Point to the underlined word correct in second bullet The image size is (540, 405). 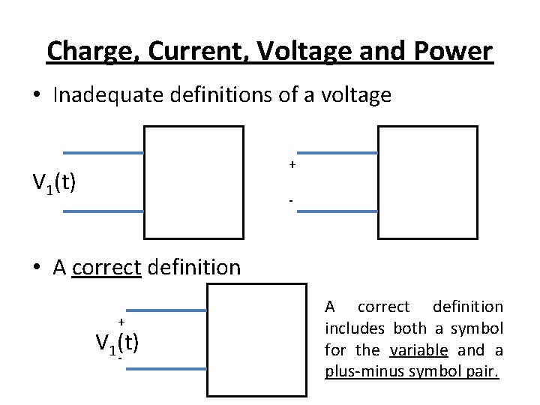[x=107, y=267]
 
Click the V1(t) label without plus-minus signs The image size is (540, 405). [x=54, y=182]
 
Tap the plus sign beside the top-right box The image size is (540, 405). [x=292, y=164]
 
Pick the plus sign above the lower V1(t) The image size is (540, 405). [x=120, y=321]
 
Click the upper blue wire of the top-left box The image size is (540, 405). [x=103, y=153]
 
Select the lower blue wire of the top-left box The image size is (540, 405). [x=103, y=212]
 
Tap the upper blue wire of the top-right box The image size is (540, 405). [x=337, y=153]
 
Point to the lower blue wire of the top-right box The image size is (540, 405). [x=337, y=212]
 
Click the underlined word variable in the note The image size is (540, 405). [x=419, y=350]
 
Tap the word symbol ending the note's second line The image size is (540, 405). [x=479, y=328]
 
